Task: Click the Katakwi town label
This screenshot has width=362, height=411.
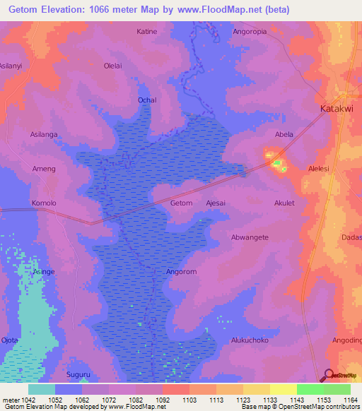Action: tap(337, 109)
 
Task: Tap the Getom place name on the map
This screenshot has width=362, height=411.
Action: tap(182, 203)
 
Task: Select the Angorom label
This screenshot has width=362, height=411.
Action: tap(181, 271)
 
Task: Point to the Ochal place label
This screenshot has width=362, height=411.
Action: tap(147, 100)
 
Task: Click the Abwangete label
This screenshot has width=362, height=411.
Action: tap(250, 237)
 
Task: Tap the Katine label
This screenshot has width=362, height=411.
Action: tap(147, 32)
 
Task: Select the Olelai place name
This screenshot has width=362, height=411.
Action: tap(113, 66)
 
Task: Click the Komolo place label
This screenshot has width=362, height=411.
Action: tap(44, 203)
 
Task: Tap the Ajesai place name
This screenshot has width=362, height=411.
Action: tap(216, 203)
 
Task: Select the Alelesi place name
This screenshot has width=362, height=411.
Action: tap(320, 169)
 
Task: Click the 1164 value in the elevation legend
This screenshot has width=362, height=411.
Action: tap(351, 400)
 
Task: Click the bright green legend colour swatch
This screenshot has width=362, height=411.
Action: tap(310, 389)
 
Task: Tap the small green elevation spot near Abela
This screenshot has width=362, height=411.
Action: tap(278, 165)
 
